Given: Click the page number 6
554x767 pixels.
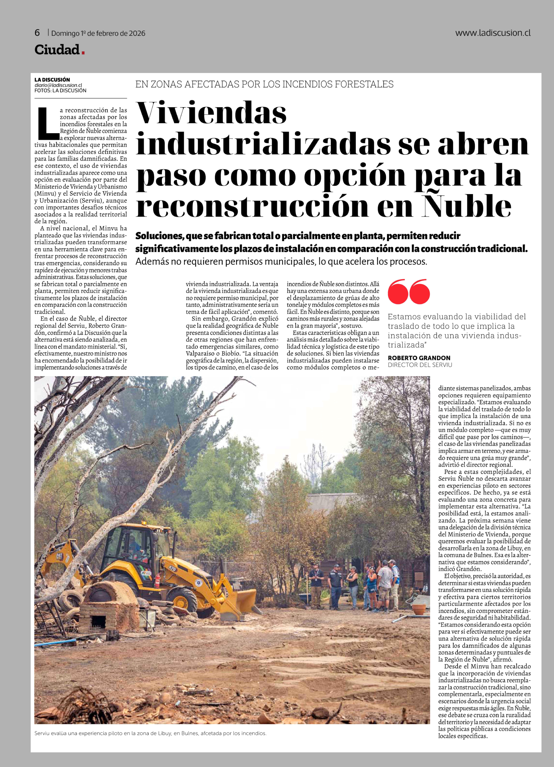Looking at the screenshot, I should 37,33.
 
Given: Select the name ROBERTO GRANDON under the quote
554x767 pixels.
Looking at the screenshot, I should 419,358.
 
